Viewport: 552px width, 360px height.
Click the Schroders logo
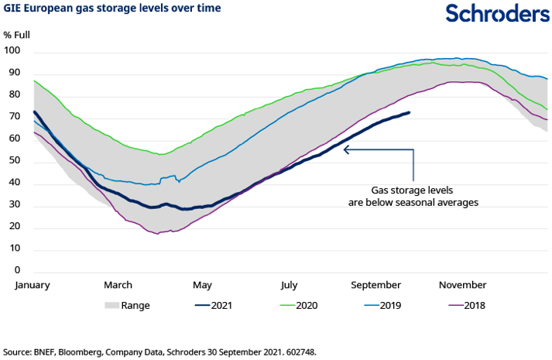click(488, 14)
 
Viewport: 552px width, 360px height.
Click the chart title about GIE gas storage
click(112, 9)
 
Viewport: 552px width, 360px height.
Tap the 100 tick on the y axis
click(12, 51)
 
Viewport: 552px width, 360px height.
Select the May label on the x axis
click(203, 285)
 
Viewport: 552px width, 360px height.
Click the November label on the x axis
click(463, 285)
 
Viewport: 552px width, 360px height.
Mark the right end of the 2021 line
click(410, 113)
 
